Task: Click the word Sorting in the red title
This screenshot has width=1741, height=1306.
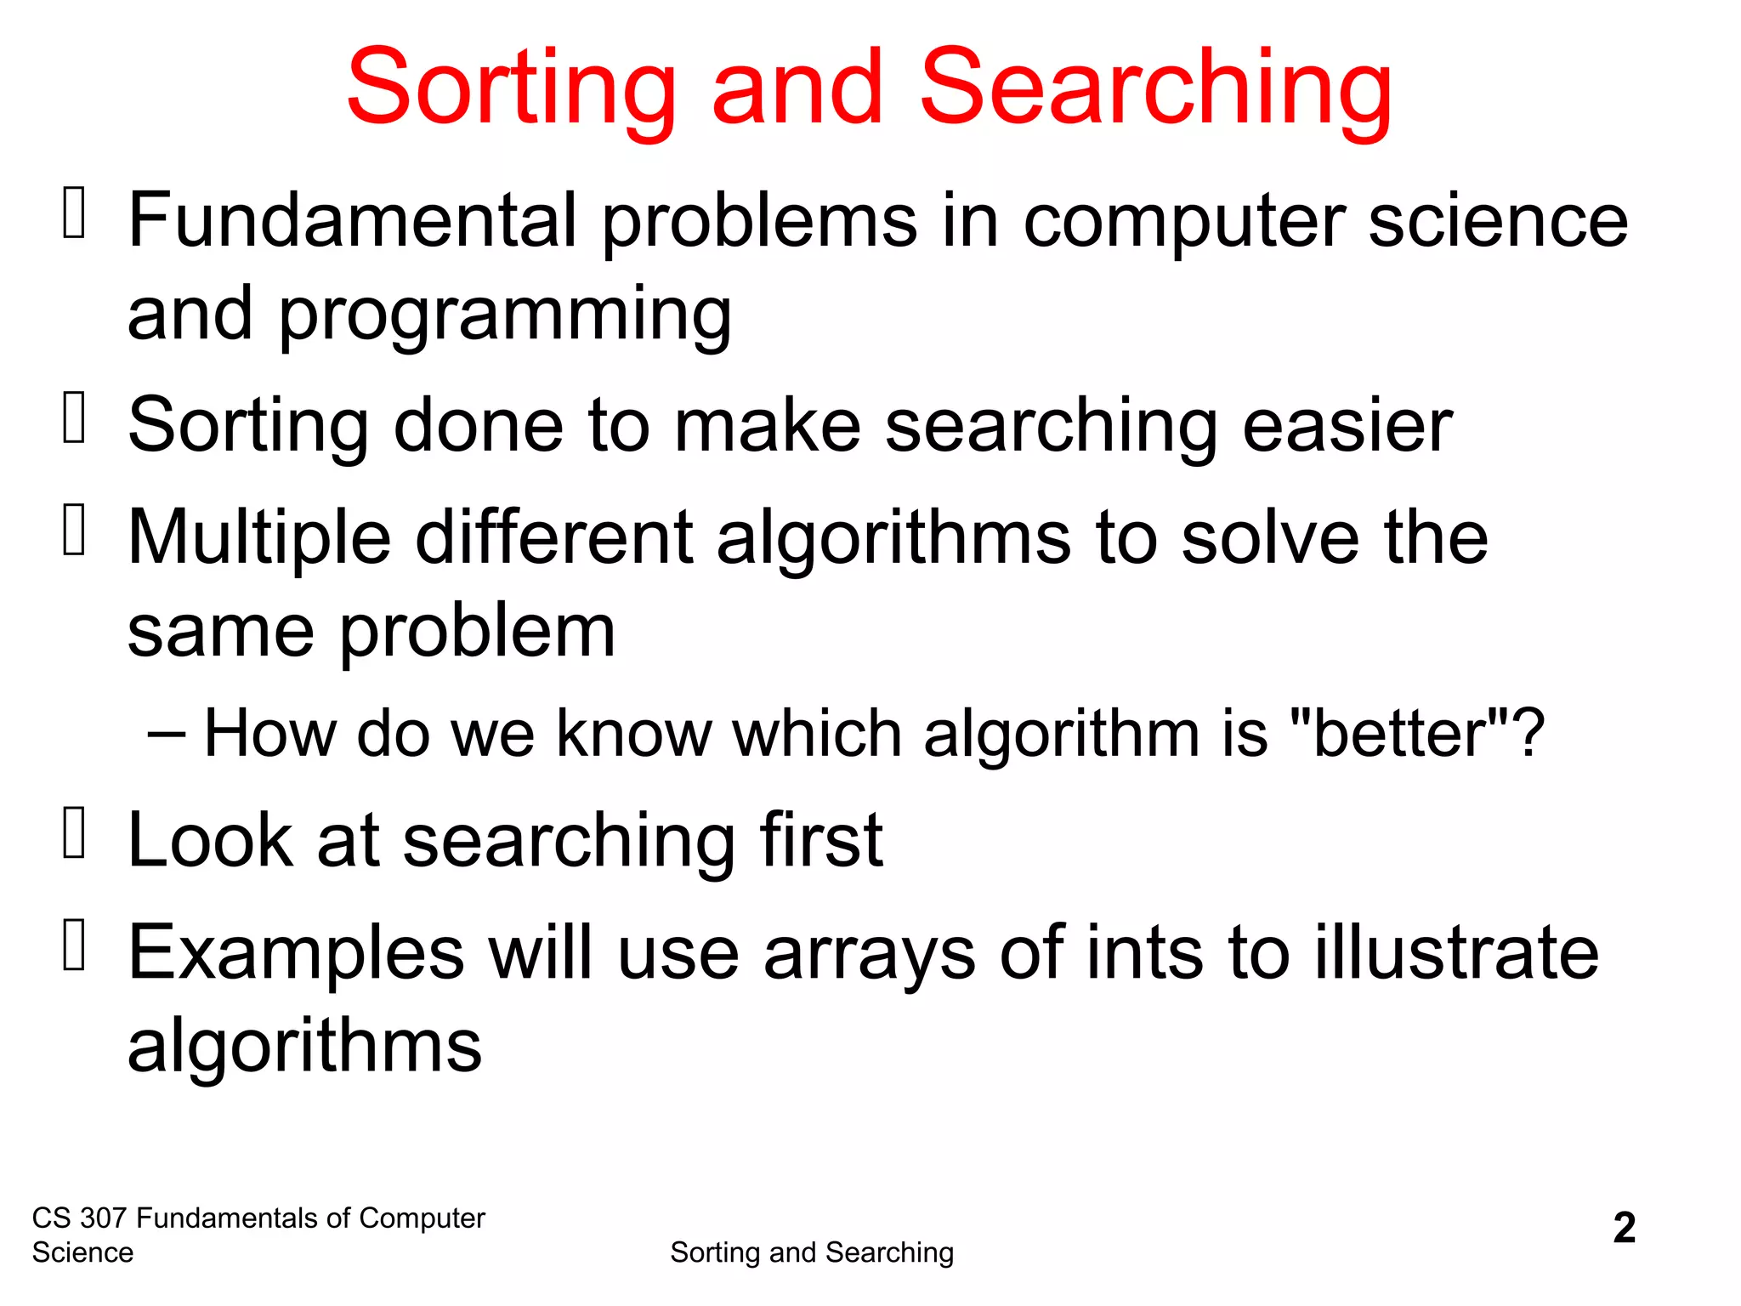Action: (x=511, y=88)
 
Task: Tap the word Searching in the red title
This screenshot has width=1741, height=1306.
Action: (x=1156, y=88)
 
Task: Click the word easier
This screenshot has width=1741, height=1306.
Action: (x=1347, y=424)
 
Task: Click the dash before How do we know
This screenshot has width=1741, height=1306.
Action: (x=165, y=733)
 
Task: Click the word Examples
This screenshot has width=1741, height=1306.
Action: (x=297, y=953)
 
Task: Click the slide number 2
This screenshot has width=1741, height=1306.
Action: (x=1624, y=1228)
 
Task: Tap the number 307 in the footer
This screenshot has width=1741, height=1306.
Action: (x=103, y=1218)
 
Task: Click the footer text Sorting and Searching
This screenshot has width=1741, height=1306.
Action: (x=812, y=1252)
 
